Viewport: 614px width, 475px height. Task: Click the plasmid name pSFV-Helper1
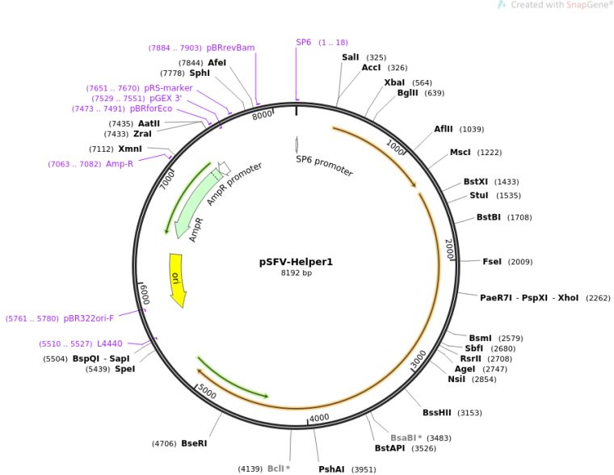[x=296, y=262]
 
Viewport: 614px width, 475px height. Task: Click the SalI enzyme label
[x=351, y=57]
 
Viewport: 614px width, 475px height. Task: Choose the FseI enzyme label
[x=492, y=262]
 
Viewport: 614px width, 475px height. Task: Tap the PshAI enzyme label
[x=331, y=469]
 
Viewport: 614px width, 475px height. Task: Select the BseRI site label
[x=194, y=443]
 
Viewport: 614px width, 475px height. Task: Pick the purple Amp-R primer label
[x=120, y=164]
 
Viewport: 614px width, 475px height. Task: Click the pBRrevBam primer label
[x=231, y=48]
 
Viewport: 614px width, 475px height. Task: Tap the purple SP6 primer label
[x=303, y=42]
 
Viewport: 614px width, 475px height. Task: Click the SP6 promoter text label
[x=324, y=166]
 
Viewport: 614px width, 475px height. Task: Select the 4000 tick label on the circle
[x=320, y=418]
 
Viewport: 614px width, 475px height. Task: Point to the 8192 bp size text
[x=296, y=273]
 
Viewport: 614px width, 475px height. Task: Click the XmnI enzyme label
[x=129, y=149]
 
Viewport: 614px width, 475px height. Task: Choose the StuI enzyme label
[x=479, y=195]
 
